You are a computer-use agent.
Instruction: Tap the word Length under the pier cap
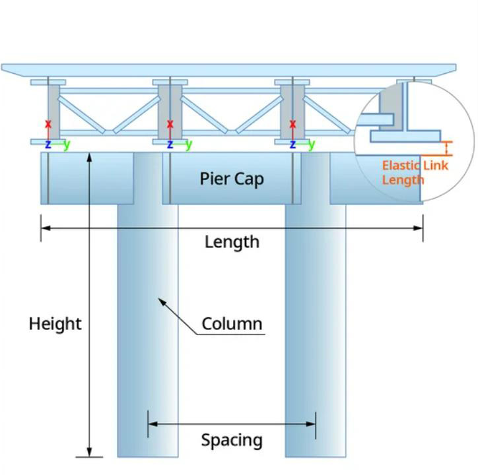click(232, 242)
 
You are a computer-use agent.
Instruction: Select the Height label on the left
click(55, 324)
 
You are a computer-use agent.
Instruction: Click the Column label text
click(232, 324)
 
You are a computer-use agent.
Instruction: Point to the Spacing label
click(232, 440)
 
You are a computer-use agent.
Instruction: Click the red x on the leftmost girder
click(48, 123)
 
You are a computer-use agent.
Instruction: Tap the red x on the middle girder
click(170, 123)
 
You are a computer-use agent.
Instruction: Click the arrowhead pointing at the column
click(160, 301)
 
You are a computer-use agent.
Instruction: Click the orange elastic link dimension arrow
click(447, 148)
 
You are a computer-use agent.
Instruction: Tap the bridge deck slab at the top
click(228, 69)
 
